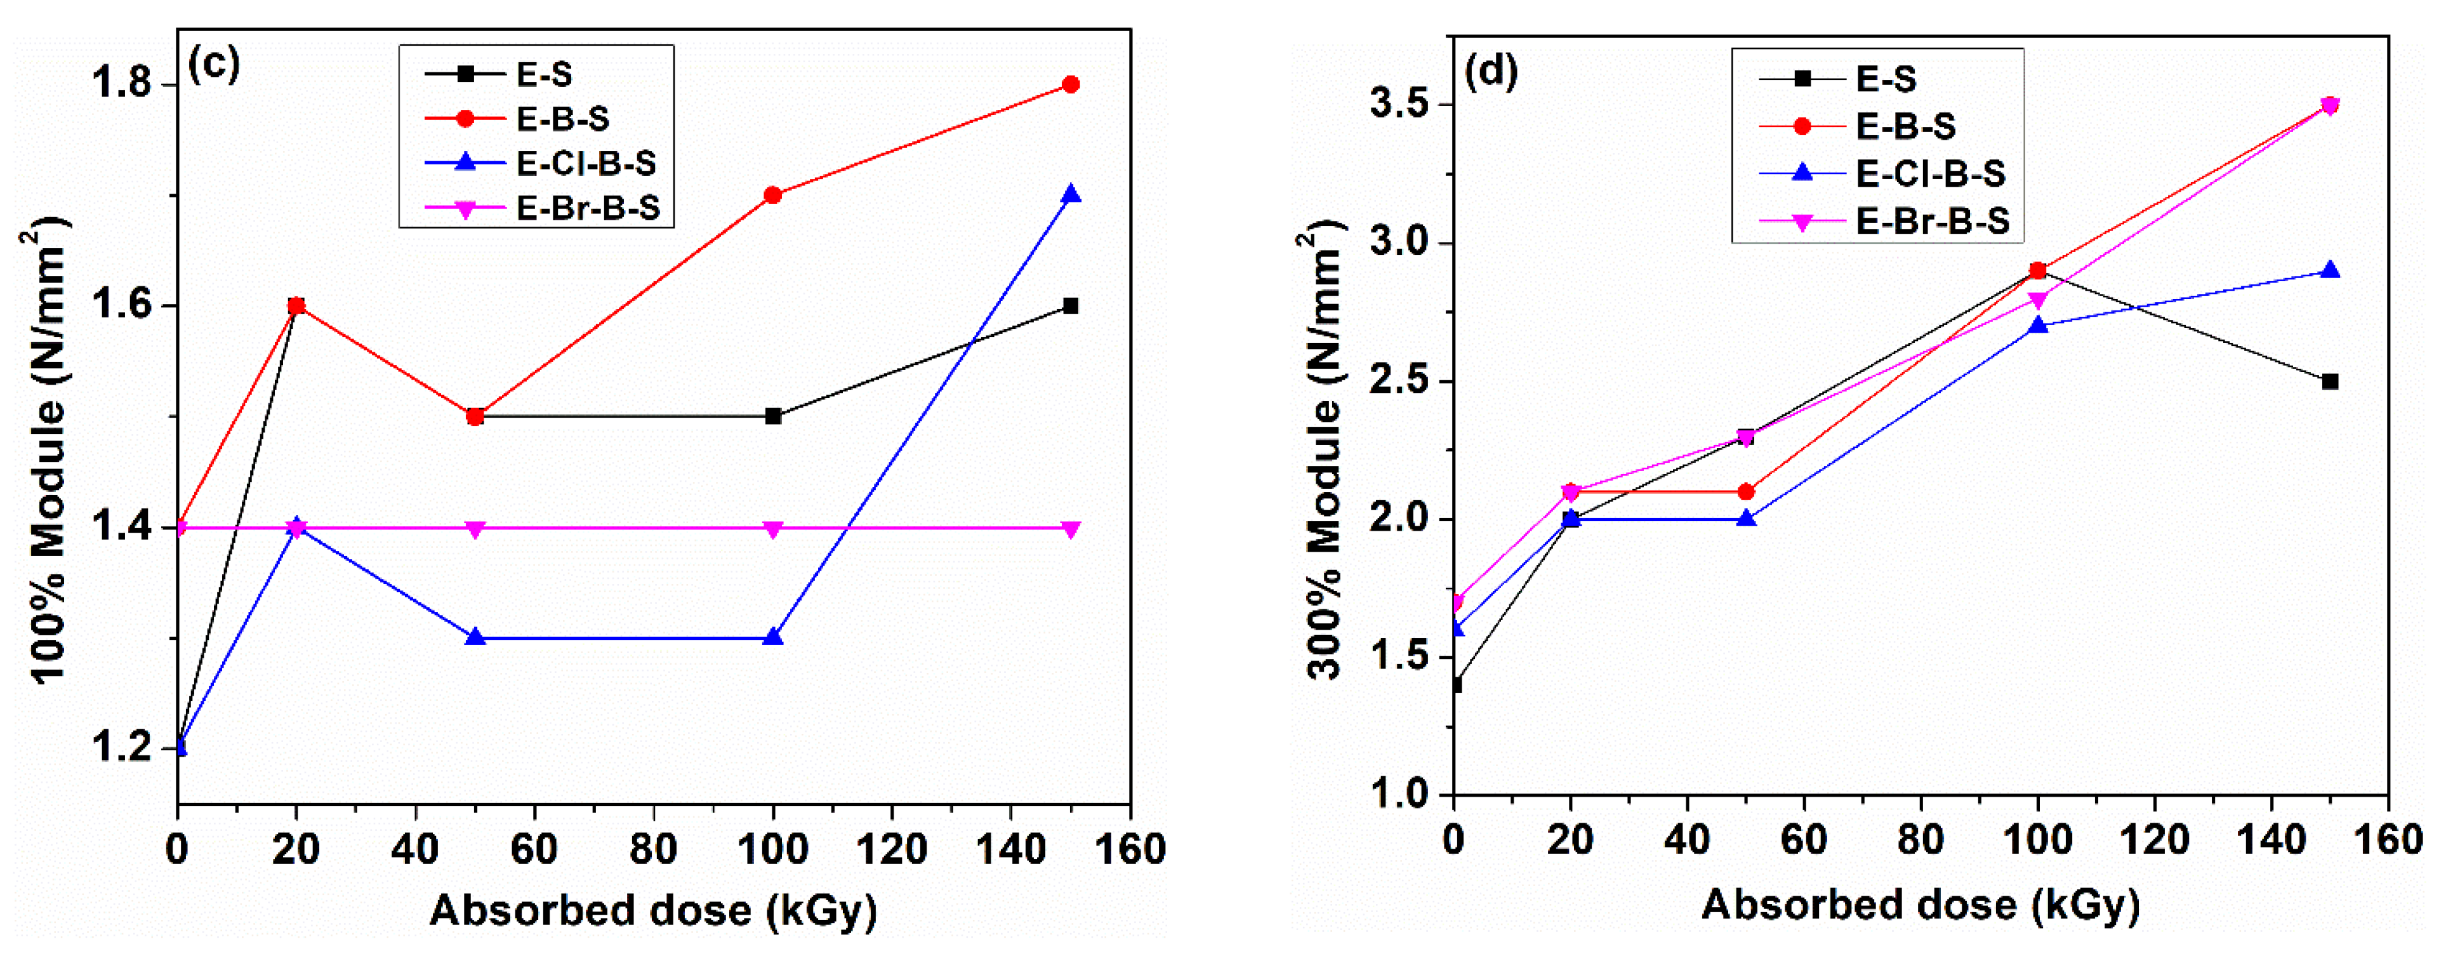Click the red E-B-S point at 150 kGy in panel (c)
point(1070,84)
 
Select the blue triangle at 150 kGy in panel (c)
point(1070,195)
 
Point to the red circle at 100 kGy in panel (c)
point(773,195)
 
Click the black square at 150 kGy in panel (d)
point(2329,382)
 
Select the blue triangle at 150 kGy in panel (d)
point(2329,270)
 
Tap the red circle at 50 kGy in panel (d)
point(1745,492)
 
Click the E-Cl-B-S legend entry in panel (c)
point(586,163)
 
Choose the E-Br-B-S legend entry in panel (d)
point(1933,221)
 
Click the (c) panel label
point(215,65)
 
